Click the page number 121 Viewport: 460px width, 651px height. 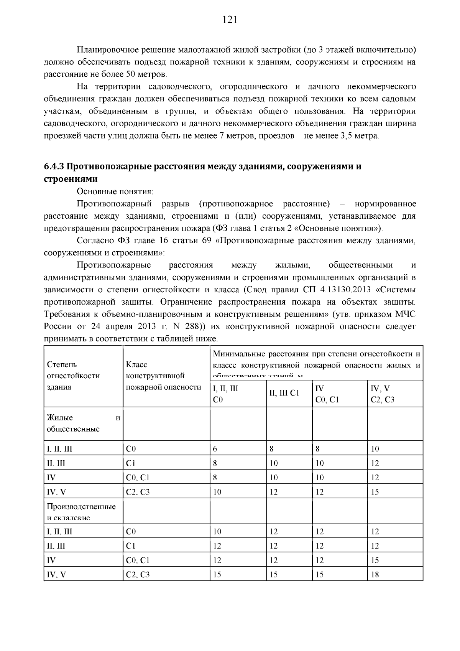tap(230, 20)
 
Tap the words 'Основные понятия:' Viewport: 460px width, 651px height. tap(115, 191)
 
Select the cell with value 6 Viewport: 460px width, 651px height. tap(215, 448)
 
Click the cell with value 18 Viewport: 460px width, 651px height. tap(375, 575)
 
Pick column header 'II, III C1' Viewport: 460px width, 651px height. tap(284, 393)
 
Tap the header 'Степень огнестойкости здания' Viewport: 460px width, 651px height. tap(73, 375)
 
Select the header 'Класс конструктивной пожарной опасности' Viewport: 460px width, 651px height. tap(163, 375)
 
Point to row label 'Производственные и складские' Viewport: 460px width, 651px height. tap(81, 511)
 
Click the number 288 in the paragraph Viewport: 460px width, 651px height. tap(192, 326)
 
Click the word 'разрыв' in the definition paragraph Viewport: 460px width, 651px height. tap(173, 203)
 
